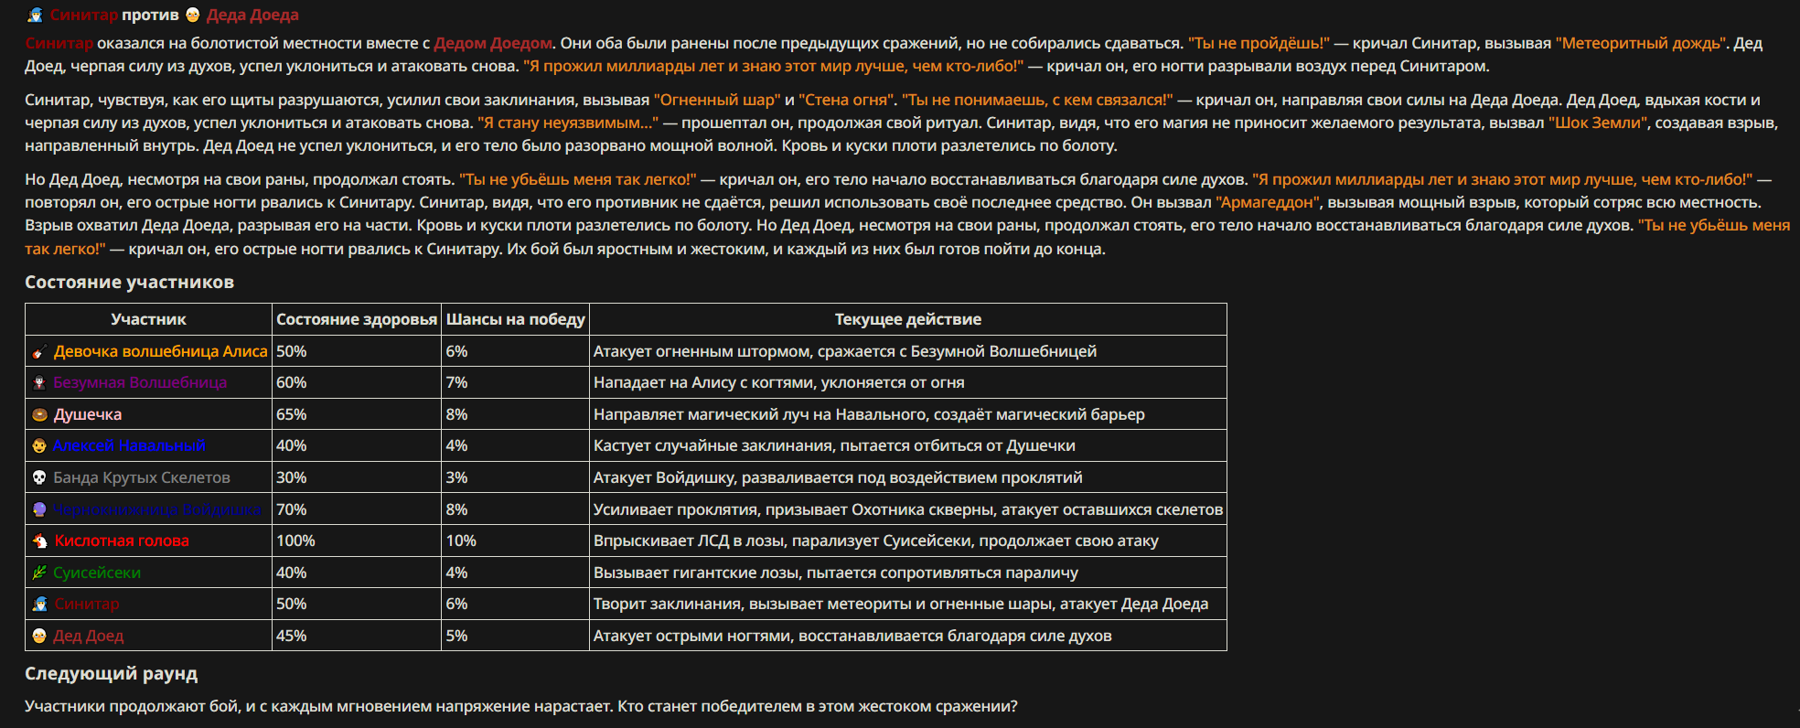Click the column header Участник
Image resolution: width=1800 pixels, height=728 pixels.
pos(148,319)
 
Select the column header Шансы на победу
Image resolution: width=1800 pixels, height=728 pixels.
pos(515,319)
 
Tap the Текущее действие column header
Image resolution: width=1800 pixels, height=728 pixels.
pos(907,319)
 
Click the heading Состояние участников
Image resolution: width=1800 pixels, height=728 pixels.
pos(129,283)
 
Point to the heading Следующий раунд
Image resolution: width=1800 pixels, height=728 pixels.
pos(111,674)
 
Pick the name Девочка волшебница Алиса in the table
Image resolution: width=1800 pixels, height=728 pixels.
pos(160,351)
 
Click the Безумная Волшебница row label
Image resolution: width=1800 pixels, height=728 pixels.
pos(140,382)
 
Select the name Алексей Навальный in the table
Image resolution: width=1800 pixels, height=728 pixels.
pos(129,445)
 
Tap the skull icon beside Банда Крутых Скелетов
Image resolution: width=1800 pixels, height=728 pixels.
pos(39,477)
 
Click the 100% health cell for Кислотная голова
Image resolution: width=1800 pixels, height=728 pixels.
pos(295,541)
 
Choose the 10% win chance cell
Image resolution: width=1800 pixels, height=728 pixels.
pos(461,541)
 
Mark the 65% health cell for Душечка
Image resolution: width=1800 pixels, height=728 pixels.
pos(292,414)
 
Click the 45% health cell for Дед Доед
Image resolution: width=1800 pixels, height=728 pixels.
pos(292,636)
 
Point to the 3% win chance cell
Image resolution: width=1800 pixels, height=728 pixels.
pos(456,477)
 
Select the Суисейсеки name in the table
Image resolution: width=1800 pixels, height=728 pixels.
pos(97,573)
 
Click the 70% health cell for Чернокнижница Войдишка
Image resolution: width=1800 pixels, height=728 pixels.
pos(292,509)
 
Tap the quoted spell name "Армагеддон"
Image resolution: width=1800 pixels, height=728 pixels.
pos(1268,202)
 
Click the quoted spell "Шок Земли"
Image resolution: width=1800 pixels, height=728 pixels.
pos(1596,123)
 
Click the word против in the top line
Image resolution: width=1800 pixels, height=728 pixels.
pos(150,15)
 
